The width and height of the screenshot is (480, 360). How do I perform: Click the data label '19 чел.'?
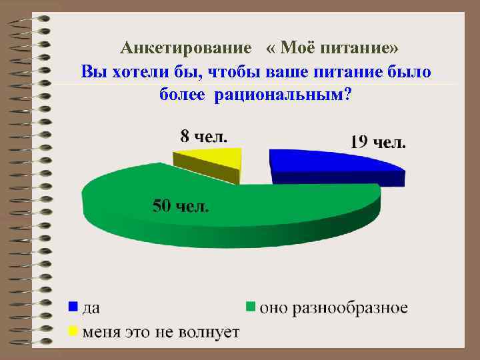point(378,142)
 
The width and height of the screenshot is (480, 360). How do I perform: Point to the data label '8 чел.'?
point(204,137)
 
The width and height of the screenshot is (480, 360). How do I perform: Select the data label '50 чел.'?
point(181,205)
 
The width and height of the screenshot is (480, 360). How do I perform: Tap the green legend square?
point(251,307)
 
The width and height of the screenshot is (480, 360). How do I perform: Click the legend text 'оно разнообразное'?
point(333,308)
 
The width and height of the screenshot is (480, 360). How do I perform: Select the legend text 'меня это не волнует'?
point(160,331)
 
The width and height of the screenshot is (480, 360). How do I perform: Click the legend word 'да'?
point(91,309)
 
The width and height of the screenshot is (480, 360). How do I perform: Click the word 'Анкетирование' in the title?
point(186,49)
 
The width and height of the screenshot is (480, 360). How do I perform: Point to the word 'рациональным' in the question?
point(280,95)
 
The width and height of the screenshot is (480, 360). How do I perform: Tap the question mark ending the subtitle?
point(349,94)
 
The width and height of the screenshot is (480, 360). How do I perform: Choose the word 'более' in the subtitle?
point(184,95)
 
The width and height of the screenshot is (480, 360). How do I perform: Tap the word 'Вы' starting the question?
point(91,71)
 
